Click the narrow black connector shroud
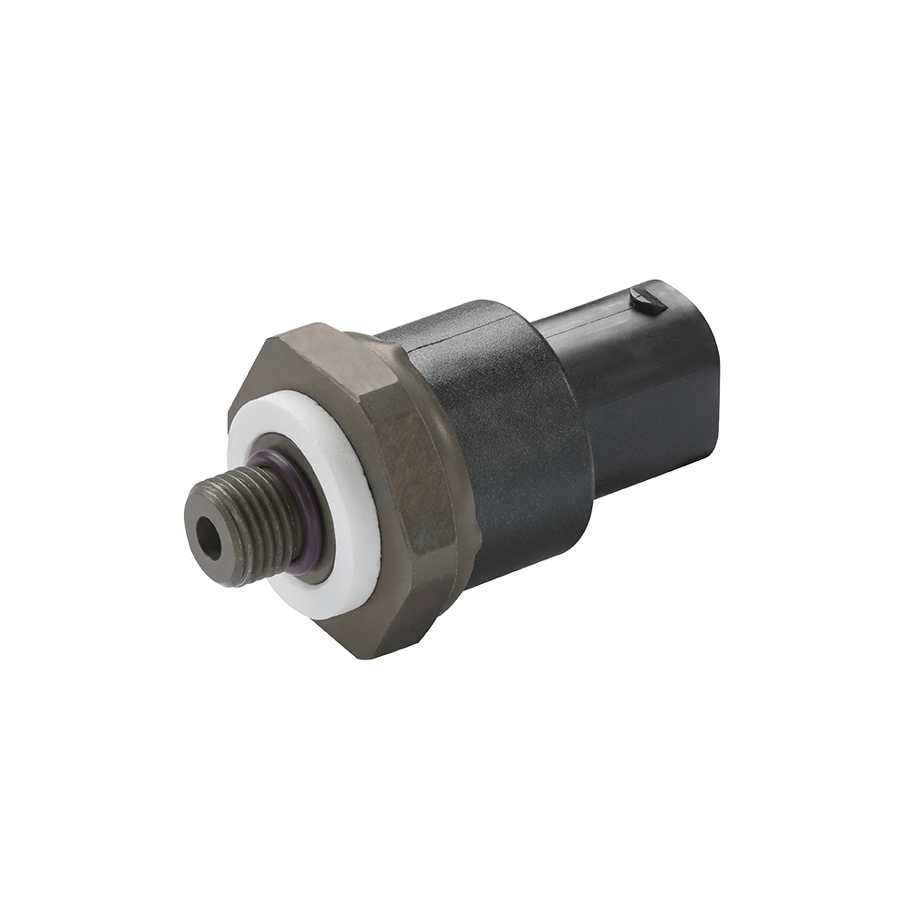(x=638, y=383)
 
